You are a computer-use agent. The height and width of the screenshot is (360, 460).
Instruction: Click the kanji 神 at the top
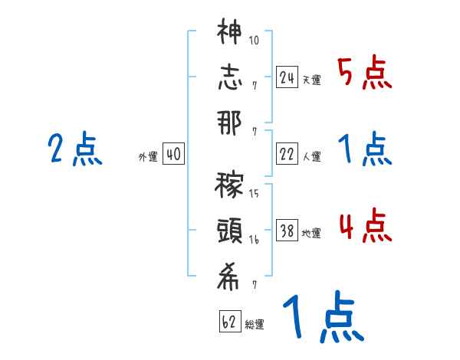tap(229, 34)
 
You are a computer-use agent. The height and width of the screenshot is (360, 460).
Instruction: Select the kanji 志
tap(229, 77)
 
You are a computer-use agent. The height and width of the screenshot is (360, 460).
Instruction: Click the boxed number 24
tap(287, 77)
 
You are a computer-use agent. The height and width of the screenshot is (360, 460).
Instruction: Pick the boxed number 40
tap(173, 155)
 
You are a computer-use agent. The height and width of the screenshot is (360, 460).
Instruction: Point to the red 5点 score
tap(364, 74)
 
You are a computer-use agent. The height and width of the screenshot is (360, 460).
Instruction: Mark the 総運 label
tap(255, 325)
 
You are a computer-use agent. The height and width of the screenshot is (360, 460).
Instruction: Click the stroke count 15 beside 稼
tap(254, 194)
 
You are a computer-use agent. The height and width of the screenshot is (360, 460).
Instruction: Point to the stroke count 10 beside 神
tap(255, 40)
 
